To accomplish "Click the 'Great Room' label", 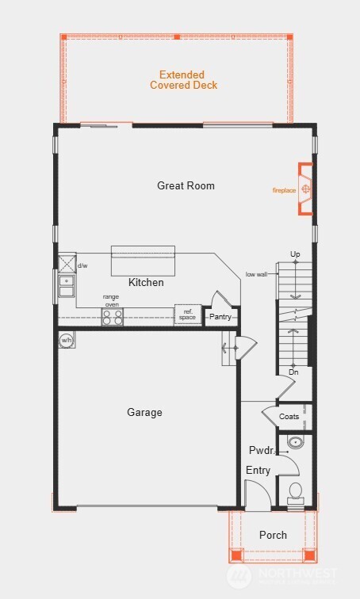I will pos(186,185).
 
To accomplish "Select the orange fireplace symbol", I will pos(305,189).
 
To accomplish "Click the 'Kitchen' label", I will pos(146,282).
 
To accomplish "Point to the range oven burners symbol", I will pos(112,317).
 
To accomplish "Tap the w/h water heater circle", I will pos(66,341).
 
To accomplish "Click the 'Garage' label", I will pos(144,412).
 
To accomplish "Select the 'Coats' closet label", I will pos(290,416).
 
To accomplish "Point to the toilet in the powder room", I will pos(296,492).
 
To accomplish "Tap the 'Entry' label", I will pos(258,470).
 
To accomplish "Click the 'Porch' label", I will pos(273,535).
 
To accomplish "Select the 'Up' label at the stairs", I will pos(295,254).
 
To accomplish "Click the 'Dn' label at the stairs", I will pos(293,372).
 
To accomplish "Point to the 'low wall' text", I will pos(256,274).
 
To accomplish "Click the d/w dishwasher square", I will pos(66,263).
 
